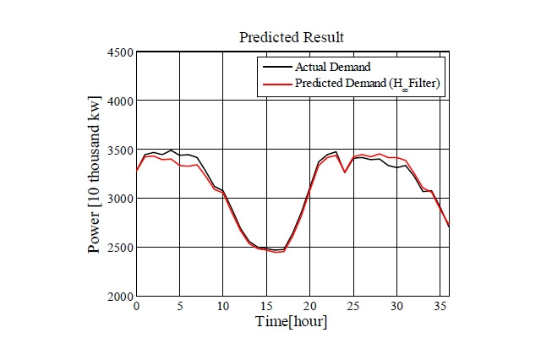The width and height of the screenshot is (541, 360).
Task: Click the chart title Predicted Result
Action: (292, 37)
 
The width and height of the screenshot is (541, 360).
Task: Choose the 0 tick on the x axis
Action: (136, 306)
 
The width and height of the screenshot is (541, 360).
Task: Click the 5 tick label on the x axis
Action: (179, 306)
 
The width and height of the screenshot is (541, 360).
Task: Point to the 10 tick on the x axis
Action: (222, 306)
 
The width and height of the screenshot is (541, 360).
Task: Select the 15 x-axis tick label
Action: (266, 306)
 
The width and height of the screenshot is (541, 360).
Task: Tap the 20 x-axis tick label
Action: (309, 306)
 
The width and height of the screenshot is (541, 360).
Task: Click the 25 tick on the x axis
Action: (353, 306)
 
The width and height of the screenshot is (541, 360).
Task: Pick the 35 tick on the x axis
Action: (440, 306)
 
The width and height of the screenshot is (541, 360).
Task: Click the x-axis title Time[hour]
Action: (292, 322)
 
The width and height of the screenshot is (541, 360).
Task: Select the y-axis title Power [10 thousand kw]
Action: (96, 175)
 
